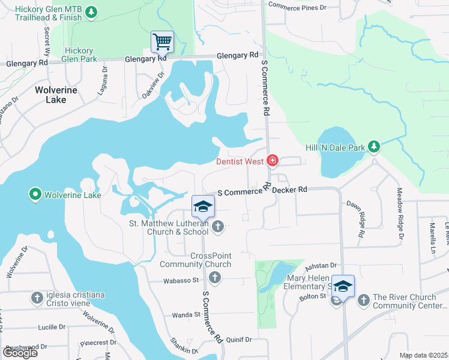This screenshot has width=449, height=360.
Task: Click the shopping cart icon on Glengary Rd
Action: (161, 42)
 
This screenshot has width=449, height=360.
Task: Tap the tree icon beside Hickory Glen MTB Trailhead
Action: (91, 12)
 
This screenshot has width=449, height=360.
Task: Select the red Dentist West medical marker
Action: (273, 160)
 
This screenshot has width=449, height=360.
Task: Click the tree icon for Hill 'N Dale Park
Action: (374, 146)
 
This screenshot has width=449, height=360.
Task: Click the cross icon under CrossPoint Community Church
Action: (215, 277)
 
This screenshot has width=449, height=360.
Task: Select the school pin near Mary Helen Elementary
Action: (343, 286)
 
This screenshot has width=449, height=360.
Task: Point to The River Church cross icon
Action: (363, 300)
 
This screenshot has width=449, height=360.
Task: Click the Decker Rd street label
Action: (289, 190)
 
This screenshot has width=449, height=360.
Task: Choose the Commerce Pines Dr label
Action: (297, 7)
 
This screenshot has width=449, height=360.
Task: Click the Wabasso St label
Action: (181, 280)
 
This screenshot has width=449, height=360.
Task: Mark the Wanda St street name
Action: (185, 314)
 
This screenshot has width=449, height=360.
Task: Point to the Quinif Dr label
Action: (239, 340)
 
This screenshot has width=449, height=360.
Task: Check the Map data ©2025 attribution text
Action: (423, 355)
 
